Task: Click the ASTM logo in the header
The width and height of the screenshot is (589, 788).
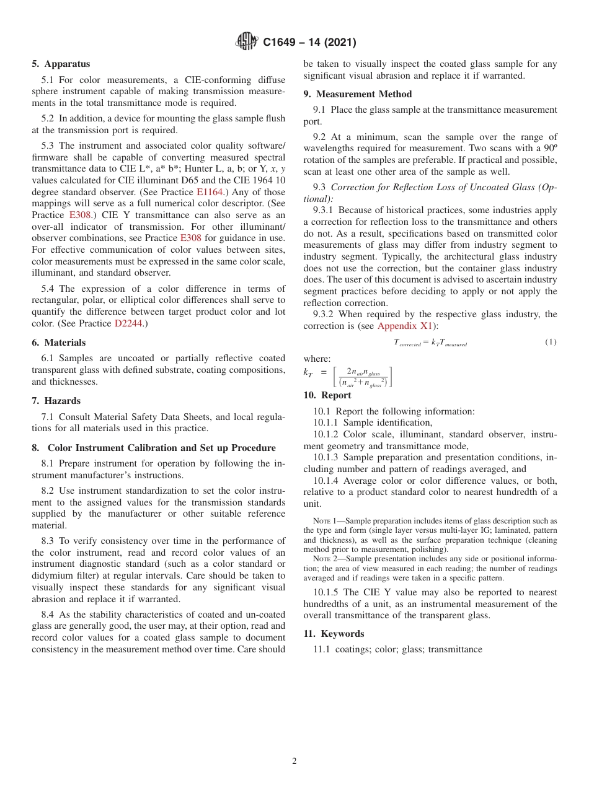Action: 247,42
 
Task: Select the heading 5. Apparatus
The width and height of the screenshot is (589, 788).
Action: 61,64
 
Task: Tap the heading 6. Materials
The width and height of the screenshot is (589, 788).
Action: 58,343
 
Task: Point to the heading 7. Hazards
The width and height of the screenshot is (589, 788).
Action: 56,401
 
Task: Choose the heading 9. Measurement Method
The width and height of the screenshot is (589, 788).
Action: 357,94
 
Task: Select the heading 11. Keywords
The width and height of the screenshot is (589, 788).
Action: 334,634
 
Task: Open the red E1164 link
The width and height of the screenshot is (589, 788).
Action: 210,192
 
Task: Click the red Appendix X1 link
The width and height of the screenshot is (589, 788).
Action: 404,326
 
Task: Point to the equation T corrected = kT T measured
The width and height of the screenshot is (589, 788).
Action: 430,343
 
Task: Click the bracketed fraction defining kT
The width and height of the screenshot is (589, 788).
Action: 361,377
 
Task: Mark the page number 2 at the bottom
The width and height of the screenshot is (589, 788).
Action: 294,761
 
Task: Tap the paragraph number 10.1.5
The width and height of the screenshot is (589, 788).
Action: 327,592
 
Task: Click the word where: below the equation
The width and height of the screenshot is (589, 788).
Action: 317,359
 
